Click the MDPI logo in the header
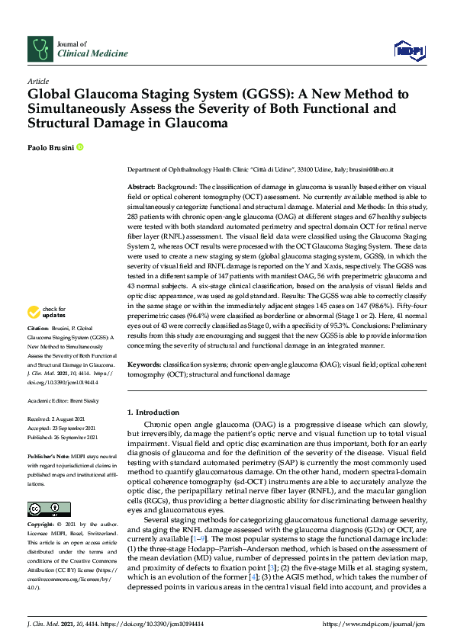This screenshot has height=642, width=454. coord(408,50)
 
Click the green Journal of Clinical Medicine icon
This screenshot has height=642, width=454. coord(40,48)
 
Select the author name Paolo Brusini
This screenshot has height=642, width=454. coord(50,146)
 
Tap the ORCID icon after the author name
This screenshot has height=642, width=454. coord(79,146)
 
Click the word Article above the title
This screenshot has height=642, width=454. coord(38,81)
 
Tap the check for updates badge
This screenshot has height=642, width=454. coord(47,332)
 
